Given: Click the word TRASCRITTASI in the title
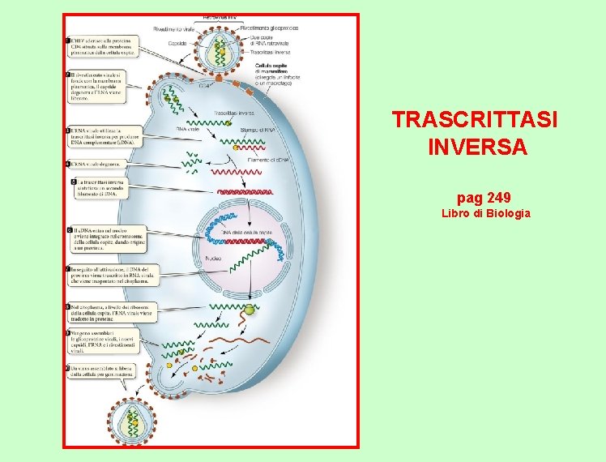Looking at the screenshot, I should (x=475, y=120).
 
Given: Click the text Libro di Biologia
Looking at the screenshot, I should (x=485, y=213).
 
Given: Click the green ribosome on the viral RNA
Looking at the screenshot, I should (x=250, y=310).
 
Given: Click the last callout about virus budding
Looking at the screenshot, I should (x=98, y=373).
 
